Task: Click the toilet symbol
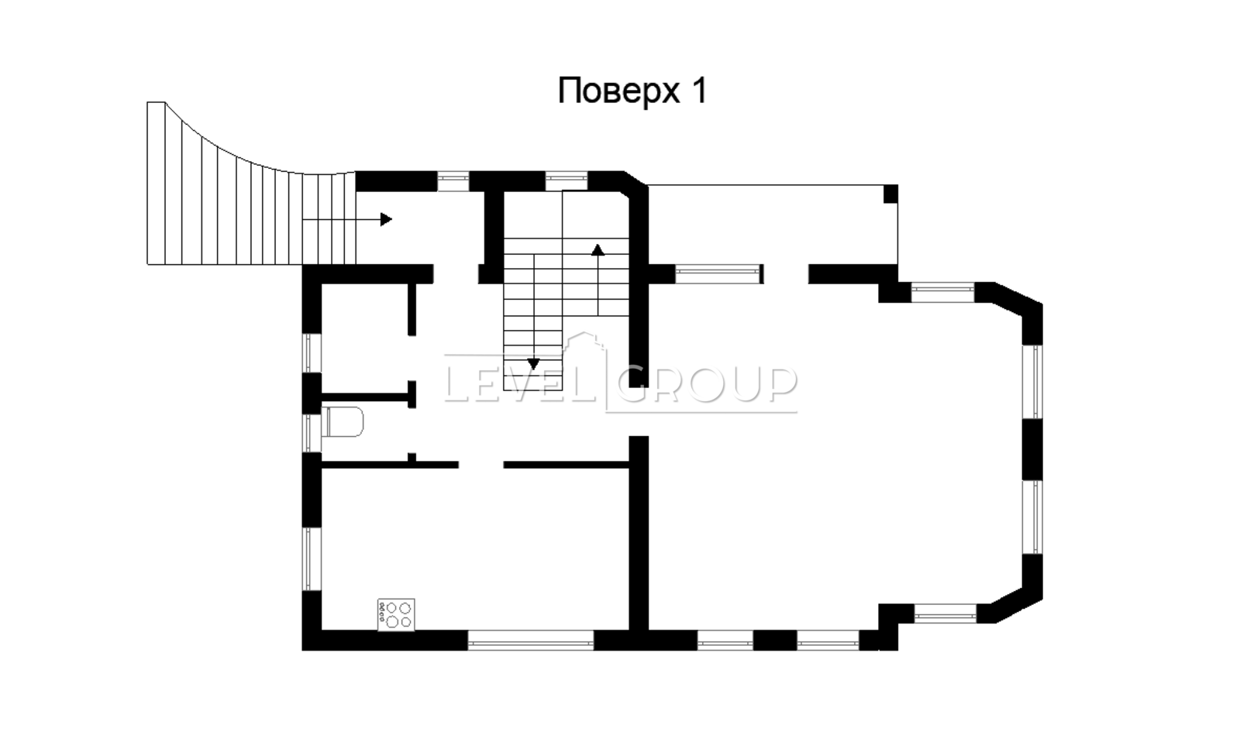pyautogui.click(x=342, y=422)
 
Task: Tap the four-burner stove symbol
pyautogui.click(x=396, y=614)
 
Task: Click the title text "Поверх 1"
pyautogui.click(x=632, y=91)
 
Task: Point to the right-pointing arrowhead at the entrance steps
pyautogui.click(x=387, y=220)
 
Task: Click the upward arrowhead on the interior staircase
pyautogui.click(x=598, y=249)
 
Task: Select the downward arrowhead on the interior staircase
pyautogui.click(x=533, y=364)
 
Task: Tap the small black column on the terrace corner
pyautogui.click(x=890, y=194)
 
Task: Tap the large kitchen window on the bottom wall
pyautogui.click(x=531, y=641)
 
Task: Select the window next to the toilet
pyautogui.click(x=312, y=433)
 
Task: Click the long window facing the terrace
pyautogui.click(x=718, y=274)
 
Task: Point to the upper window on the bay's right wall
pyautogui.click(x=1032, y=382)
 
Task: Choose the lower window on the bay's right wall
pyautogui.click(x=1032, y=517)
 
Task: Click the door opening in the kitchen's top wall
pyautogui.click(x=481, y=465)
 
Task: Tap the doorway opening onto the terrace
pyautogui.click(x=786, y=274)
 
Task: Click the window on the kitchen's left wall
pyautogui.click(x=312, y=558)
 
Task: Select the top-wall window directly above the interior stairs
pyautogui.click(x=567, y=181)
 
